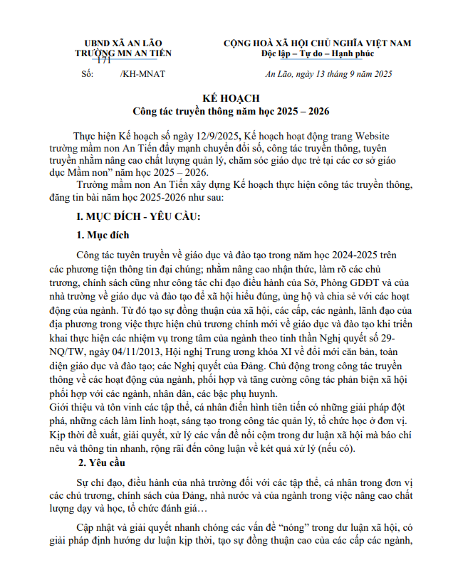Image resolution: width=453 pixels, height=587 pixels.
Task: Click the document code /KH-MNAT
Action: (141, 74)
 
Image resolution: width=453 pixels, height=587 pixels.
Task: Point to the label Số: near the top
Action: (87, 74)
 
